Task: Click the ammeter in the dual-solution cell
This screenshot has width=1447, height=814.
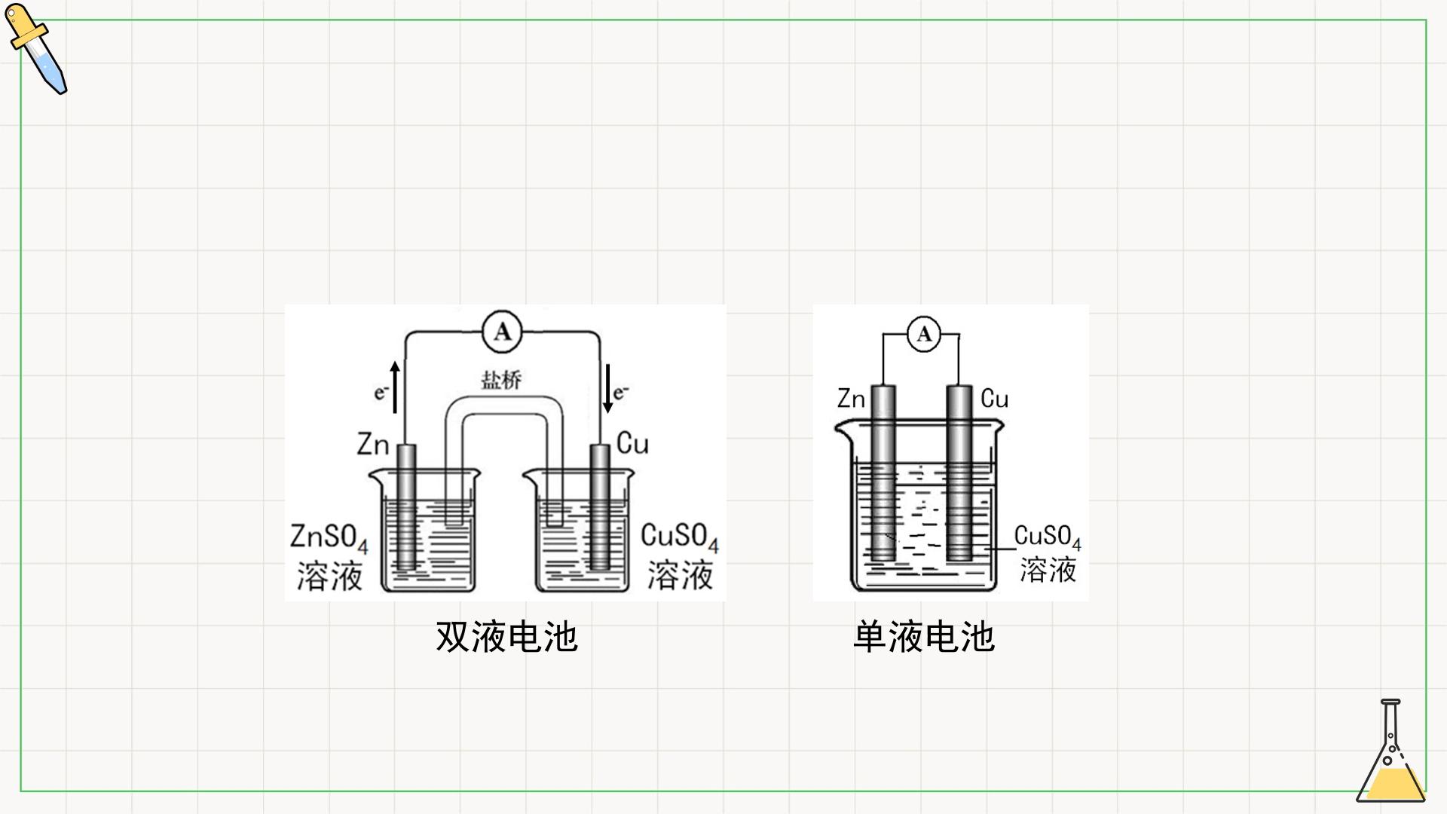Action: (502, 332)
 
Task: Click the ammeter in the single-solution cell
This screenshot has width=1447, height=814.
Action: (924, 334)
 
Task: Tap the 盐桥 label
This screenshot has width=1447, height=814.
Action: (501, 379)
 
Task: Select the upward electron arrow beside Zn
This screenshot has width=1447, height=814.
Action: (395, 387)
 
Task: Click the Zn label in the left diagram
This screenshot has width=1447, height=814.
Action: (372, 444)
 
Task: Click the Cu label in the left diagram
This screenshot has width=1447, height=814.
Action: (632, 443)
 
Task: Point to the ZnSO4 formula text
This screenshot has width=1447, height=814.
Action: (329, 538)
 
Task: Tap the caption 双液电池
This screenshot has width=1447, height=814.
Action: (506, 637)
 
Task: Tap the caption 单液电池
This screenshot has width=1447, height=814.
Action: (924, 637)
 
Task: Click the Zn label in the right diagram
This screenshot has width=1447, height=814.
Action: (852, 399)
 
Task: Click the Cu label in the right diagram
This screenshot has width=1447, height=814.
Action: (994, 399)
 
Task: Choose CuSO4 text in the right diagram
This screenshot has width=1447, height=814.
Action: (1048, 537)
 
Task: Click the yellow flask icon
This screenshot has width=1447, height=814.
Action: (1391, 751)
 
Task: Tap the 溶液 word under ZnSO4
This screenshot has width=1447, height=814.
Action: (329, 577)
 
